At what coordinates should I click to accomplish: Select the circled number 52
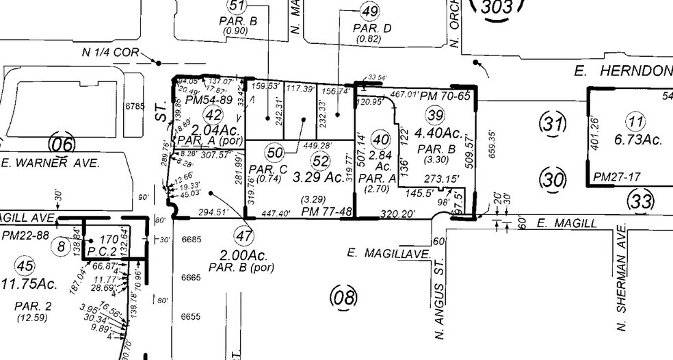click(319, 160)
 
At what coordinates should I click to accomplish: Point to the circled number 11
click(637, 123)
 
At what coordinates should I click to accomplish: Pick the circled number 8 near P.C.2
click(62, 246)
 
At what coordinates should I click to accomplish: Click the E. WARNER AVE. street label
click(51, 163)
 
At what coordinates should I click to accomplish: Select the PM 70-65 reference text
click(446, 96)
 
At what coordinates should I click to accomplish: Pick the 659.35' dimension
click(492, 144)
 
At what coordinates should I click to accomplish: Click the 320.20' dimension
click(399, 213)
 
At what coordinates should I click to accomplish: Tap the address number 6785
click(135, 107)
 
